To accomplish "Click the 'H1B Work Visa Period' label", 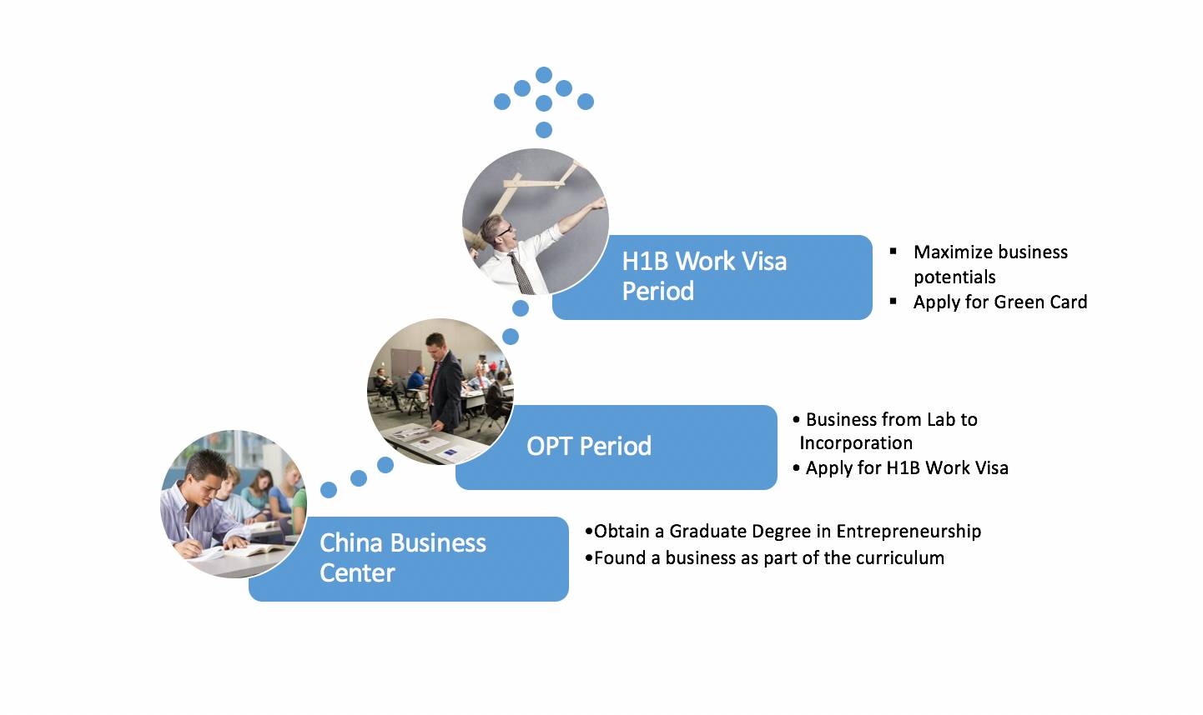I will click(x=704, y=276).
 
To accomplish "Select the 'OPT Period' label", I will click(x=589, y=447).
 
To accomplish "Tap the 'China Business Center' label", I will click(x=403, y=557).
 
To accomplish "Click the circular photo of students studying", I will click(x=234, y=504).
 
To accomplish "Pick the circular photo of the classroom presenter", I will click(x=440, y=392).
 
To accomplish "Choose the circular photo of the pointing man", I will click(x=536, y=222).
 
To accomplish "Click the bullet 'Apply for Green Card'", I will click(x=999, y=302).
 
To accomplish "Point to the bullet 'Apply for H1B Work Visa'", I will click(x=906, y=468).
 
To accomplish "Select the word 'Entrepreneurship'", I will click(x=909, y=532).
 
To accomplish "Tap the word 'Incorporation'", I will click(x=856, y=443).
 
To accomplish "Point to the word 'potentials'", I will click(x=954, y=277).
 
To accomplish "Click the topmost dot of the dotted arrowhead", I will click(x=544, y=75).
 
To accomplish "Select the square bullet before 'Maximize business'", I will click(x=893, y=251).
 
